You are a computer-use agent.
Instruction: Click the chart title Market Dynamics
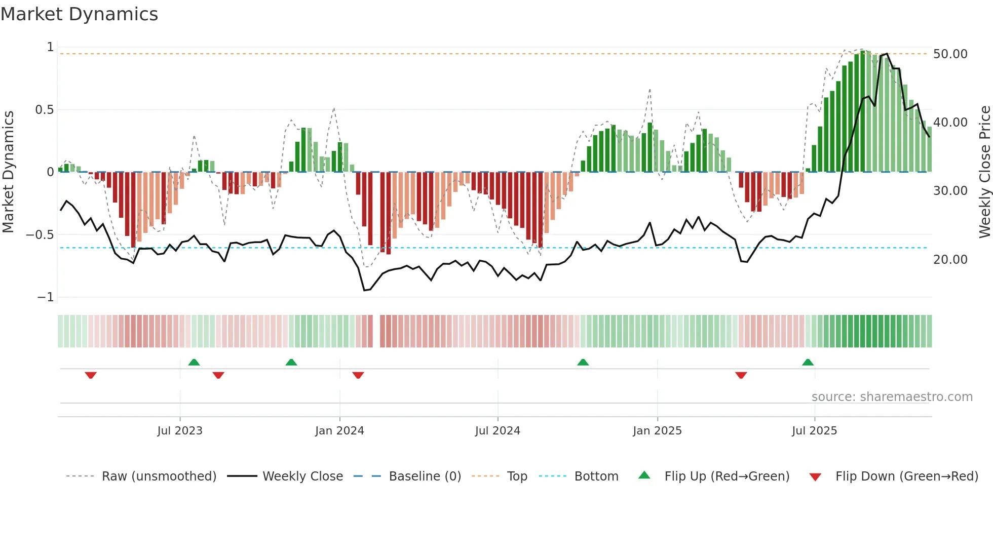[79, 14]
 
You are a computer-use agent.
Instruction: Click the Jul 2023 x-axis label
[180, 431]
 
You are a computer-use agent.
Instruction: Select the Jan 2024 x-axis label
[339, 431]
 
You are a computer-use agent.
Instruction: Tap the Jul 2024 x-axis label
[498, 431]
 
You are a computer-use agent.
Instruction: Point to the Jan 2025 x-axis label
[657, 431]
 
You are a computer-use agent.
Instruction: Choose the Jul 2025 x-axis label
[814, 431]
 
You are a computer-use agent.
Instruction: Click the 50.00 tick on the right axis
[950, 54]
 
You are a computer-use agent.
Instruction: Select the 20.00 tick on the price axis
[950, 260]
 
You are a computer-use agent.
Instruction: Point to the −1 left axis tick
[45, 297]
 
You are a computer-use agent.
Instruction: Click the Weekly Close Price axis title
[984, 172]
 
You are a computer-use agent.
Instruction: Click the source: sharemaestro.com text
[892, 397]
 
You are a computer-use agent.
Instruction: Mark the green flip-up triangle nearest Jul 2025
[808, 363]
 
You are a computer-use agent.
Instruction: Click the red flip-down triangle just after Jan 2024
[358, 375]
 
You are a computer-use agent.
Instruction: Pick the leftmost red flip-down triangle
[91, 375]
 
